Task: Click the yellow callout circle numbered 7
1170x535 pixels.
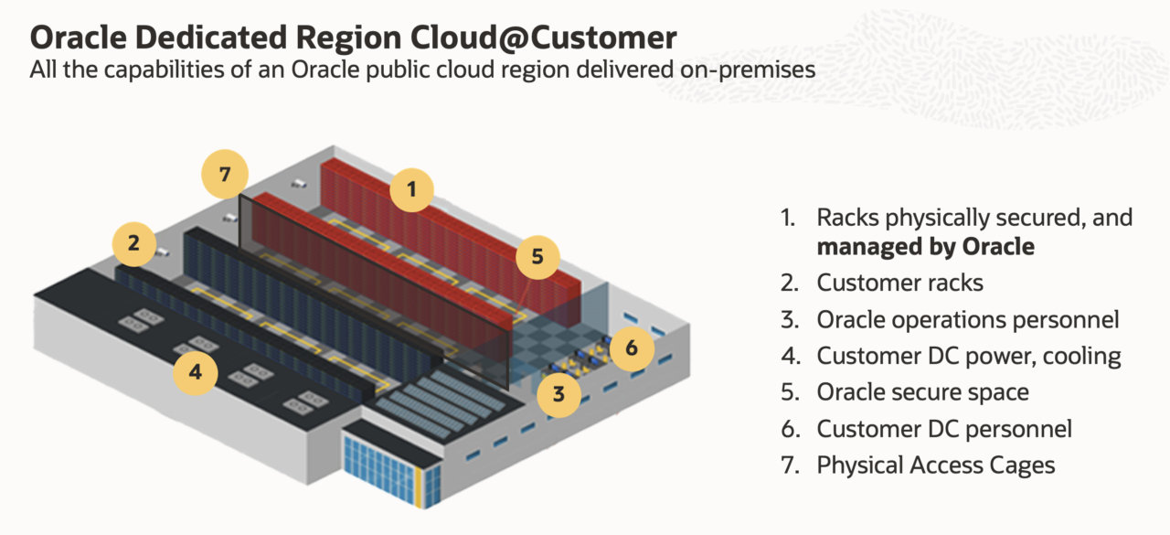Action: [x=225, y=174]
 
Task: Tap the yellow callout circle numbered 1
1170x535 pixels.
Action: [x=411, y=189]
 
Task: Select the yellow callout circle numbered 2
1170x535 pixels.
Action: [x=134, y=243]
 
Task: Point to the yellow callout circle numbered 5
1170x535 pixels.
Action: [x=537, y=257]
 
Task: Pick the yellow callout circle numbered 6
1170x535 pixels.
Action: [x=632, y=348]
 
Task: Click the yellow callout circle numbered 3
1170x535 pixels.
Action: [x=558, y=394]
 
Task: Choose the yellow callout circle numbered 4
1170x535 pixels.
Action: [x=196, y=372]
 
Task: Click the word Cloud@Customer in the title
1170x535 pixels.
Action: [x=543, y=37]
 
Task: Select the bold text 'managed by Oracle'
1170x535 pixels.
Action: [x=926, y=247]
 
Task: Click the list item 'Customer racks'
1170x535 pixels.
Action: [x=900, y=283]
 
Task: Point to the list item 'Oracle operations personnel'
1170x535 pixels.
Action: [x=968, y=320]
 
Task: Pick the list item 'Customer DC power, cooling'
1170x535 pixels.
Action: [x=969, y=357]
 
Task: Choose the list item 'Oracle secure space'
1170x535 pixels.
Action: [x=923, y=392]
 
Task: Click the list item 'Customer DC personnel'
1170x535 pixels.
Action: [x=944, y=429]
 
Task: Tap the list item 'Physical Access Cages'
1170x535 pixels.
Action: [x=936, y=465]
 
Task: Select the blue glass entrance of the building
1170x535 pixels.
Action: [x=390, y=470]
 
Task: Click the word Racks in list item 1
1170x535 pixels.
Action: [x=847, y=218]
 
